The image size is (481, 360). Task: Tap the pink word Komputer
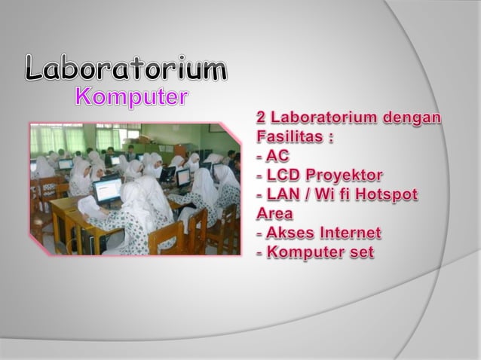point(132,98)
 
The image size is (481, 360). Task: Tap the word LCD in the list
point(283,176)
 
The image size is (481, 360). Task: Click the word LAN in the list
point(283,195)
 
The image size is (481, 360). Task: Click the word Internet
point(348,233)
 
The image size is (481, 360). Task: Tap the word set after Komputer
point(360,252)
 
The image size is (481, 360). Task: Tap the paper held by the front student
point(88,206)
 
